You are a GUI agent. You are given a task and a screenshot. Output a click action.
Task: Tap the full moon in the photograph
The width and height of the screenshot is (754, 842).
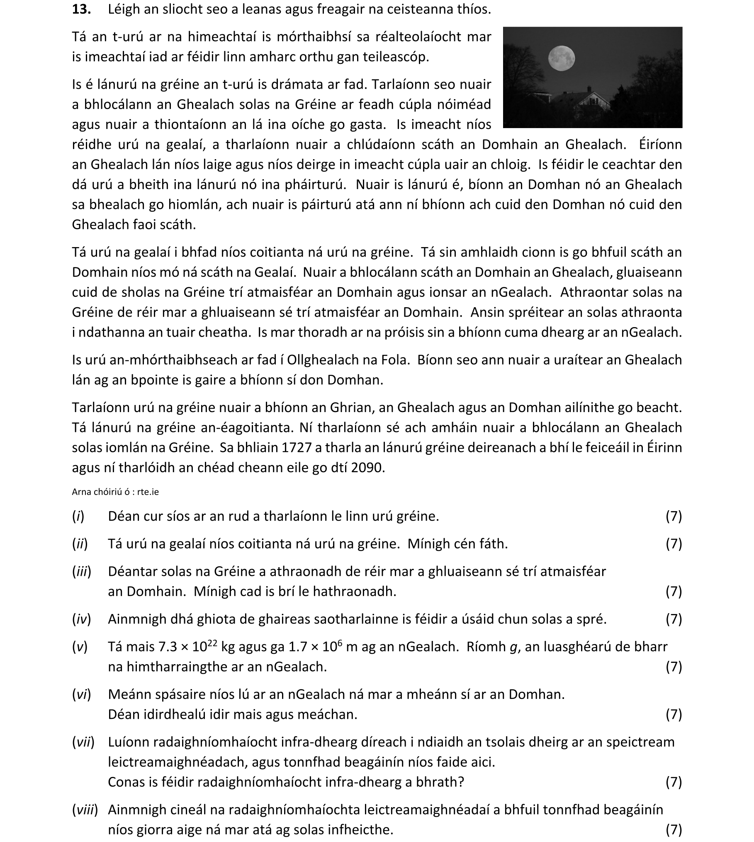coord(561,58)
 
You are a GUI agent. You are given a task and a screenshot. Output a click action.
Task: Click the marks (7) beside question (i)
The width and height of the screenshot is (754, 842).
coord(674,516)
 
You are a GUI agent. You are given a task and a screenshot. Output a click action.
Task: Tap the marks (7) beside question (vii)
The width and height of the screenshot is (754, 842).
coord(674,782)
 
